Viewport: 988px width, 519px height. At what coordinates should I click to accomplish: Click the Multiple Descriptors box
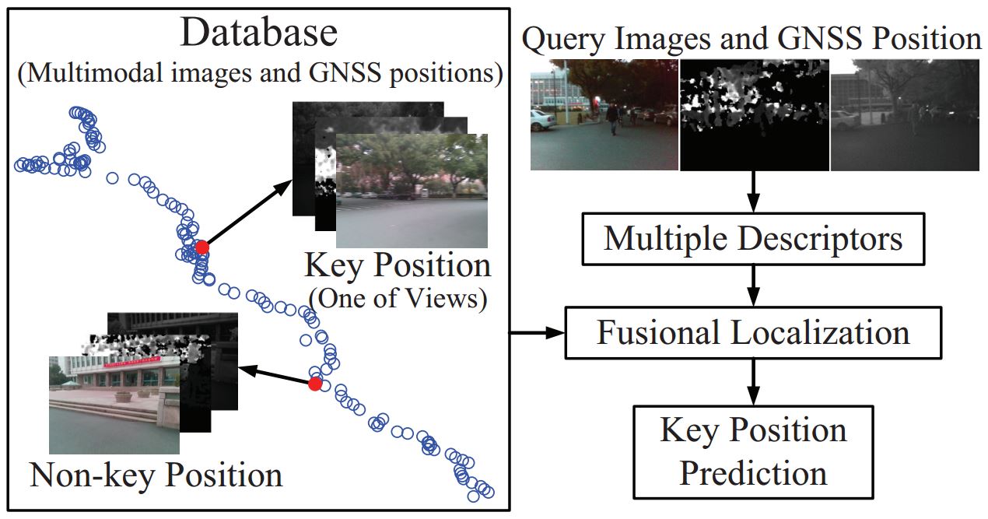click(x=753, y=238)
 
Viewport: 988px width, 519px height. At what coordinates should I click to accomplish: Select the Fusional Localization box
click(x=753, y=333)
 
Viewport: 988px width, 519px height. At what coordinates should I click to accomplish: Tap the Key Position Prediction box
click(x=753, y=451)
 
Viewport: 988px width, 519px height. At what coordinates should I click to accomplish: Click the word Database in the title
click(x=259, y=33)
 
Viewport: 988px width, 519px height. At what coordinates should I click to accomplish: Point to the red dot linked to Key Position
click(x=202, y=247)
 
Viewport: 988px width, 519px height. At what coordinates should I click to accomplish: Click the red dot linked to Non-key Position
click(x=314, y=384)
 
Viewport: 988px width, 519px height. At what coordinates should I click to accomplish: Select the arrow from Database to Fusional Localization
click(x=537, y=333)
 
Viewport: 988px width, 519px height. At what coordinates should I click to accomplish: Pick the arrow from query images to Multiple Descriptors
click(x=753, y=191)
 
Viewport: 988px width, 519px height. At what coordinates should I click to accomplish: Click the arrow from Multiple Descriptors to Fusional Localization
click(x=753, y=286)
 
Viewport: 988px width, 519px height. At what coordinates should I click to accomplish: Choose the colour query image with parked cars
click(x=604, y=115)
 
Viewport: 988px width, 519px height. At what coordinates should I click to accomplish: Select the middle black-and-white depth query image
click(x=755, y=115)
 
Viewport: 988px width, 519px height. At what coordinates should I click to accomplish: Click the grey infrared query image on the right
click(x=905, y=115)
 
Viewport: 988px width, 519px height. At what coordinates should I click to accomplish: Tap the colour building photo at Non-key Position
click(x=114, y=405)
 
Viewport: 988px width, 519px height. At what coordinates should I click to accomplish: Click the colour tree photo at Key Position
click(x=412, y=191)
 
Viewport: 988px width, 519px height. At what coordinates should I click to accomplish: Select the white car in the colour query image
click(x=543, y=120)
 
